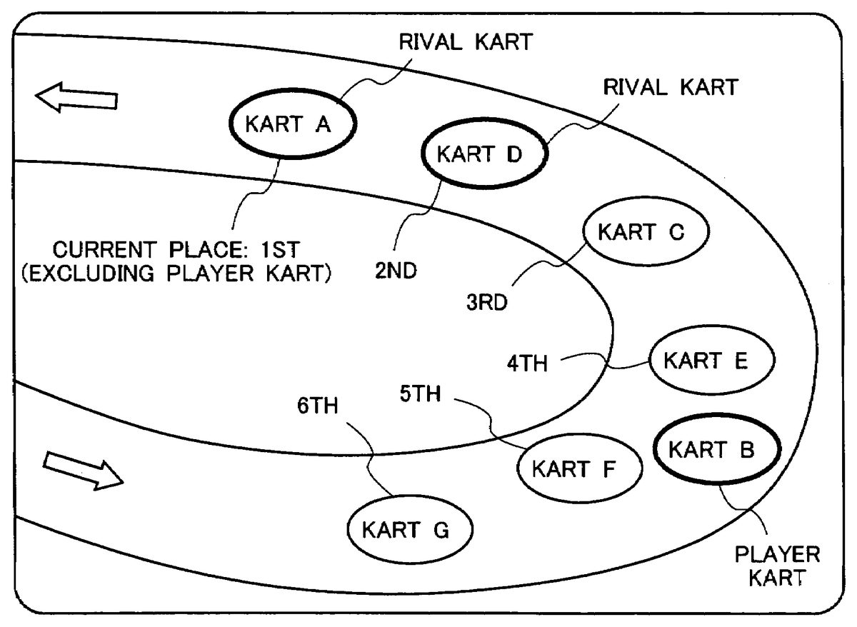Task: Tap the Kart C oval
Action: tap(645, 233)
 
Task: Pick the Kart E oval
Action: tap(711, 361)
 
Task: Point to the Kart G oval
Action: tap(409, 531)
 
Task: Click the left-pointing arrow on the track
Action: tap(77, 97)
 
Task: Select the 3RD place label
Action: tap(487, 303)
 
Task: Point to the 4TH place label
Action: tap(528, 363)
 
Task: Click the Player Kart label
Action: tap(777, 566)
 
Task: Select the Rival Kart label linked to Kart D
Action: tap(670, 88)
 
